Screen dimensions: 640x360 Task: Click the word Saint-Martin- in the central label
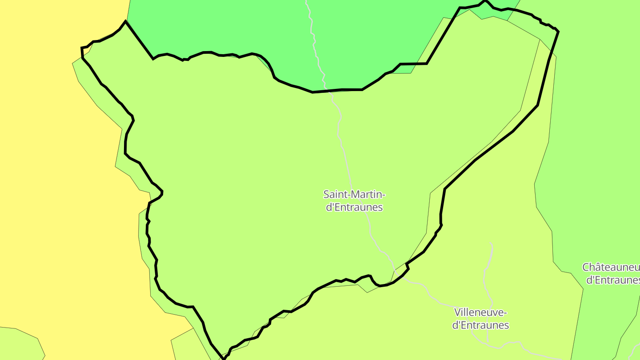point(354,194)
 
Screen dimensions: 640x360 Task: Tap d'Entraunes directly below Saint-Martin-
point(354,207)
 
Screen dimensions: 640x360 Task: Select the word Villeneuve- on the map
point(480,312)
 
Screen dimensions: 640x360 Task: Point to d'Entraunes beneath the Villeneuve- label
point(480,325)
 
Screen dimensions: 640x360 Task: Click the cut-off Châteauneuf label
point(611,267)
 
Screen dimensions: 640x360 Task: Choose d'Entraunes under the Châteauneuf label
point(613,280)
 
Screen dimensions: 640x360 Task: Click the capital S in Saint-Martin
point(326,194)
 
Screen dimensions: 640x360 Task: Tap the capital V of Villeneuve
point(458,312)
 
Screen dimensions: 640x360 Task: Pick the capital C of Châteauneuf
point(586,267)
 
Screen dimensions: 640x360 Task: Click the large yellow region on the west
point(53,178)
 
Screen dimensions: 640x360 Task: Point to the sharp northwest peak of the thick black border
point(125,21)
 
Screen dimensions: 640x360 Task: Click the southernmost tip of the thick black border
point(224,358)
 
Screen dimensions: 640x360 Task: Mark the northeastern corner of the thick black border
point(557,31)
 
